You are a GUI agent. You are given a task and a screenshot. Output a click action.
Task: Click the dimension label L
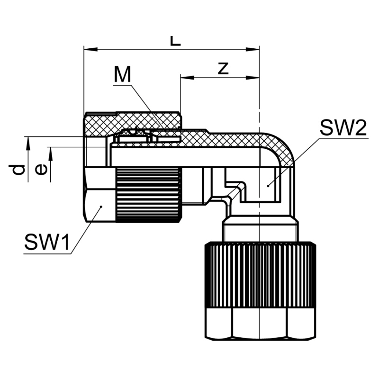(x=176, y=41)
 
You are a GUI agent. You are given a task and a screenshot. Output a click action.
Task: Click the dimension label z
(x=223, y=69)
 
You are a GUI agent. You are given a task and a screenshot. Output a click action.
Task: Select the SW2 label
(x=343, y=127)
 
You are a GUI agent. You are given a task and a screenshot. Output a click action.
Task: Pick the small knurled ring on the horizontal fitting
(x=148, y=194)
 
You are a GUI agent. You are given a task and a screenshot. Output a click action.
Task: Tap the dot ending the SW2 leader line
(x=268, y=186)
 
